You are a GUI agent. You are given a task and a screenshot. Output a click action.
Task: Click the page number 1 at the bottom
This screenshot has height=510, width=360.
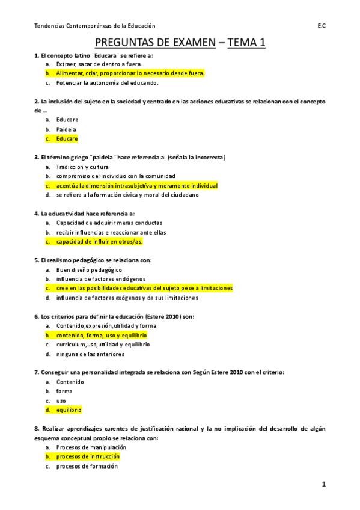click(x=323, y=484)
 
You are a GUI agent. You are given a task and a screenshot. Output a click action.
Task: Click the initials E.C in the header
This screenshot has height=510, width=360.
click(x=322, y=26)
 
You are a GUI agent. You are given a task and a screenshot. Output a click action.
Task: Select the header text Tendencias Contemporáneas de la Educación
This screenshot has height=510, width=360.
click(x=94, y=26)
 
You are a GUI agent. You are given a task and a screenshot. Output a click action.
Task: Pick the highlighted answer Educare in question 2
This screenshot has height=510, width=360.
click(x=67, y=138)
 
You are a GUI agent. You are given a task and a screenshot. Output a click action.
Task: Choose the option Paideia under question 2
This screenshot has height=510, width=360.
click(x=66, y=129)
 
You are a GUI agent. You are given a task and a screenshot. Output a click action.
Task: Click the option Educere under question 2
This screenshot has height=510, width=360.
click(x=67, y=120)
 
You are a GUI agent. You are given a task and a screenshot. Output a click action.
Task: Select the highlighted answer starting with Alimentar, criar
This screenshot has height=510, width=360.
click(x=130, y=73)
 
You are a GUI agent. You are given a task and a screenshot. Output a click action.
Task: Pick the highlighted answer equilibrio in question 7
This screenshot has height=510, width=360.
click(x=69, y=410)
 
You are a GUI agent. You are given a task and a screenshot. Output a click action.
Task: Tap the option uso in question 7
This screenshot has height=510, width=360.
click(x=61, y=401)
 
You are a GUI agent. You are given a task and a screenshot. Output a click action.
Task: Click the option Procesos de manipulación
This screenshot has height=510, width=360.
click(x=91, y=447)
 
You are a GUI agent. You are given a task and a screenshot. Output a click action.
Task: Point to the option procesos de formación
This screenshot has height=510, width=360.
click(x=87, y=466)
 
